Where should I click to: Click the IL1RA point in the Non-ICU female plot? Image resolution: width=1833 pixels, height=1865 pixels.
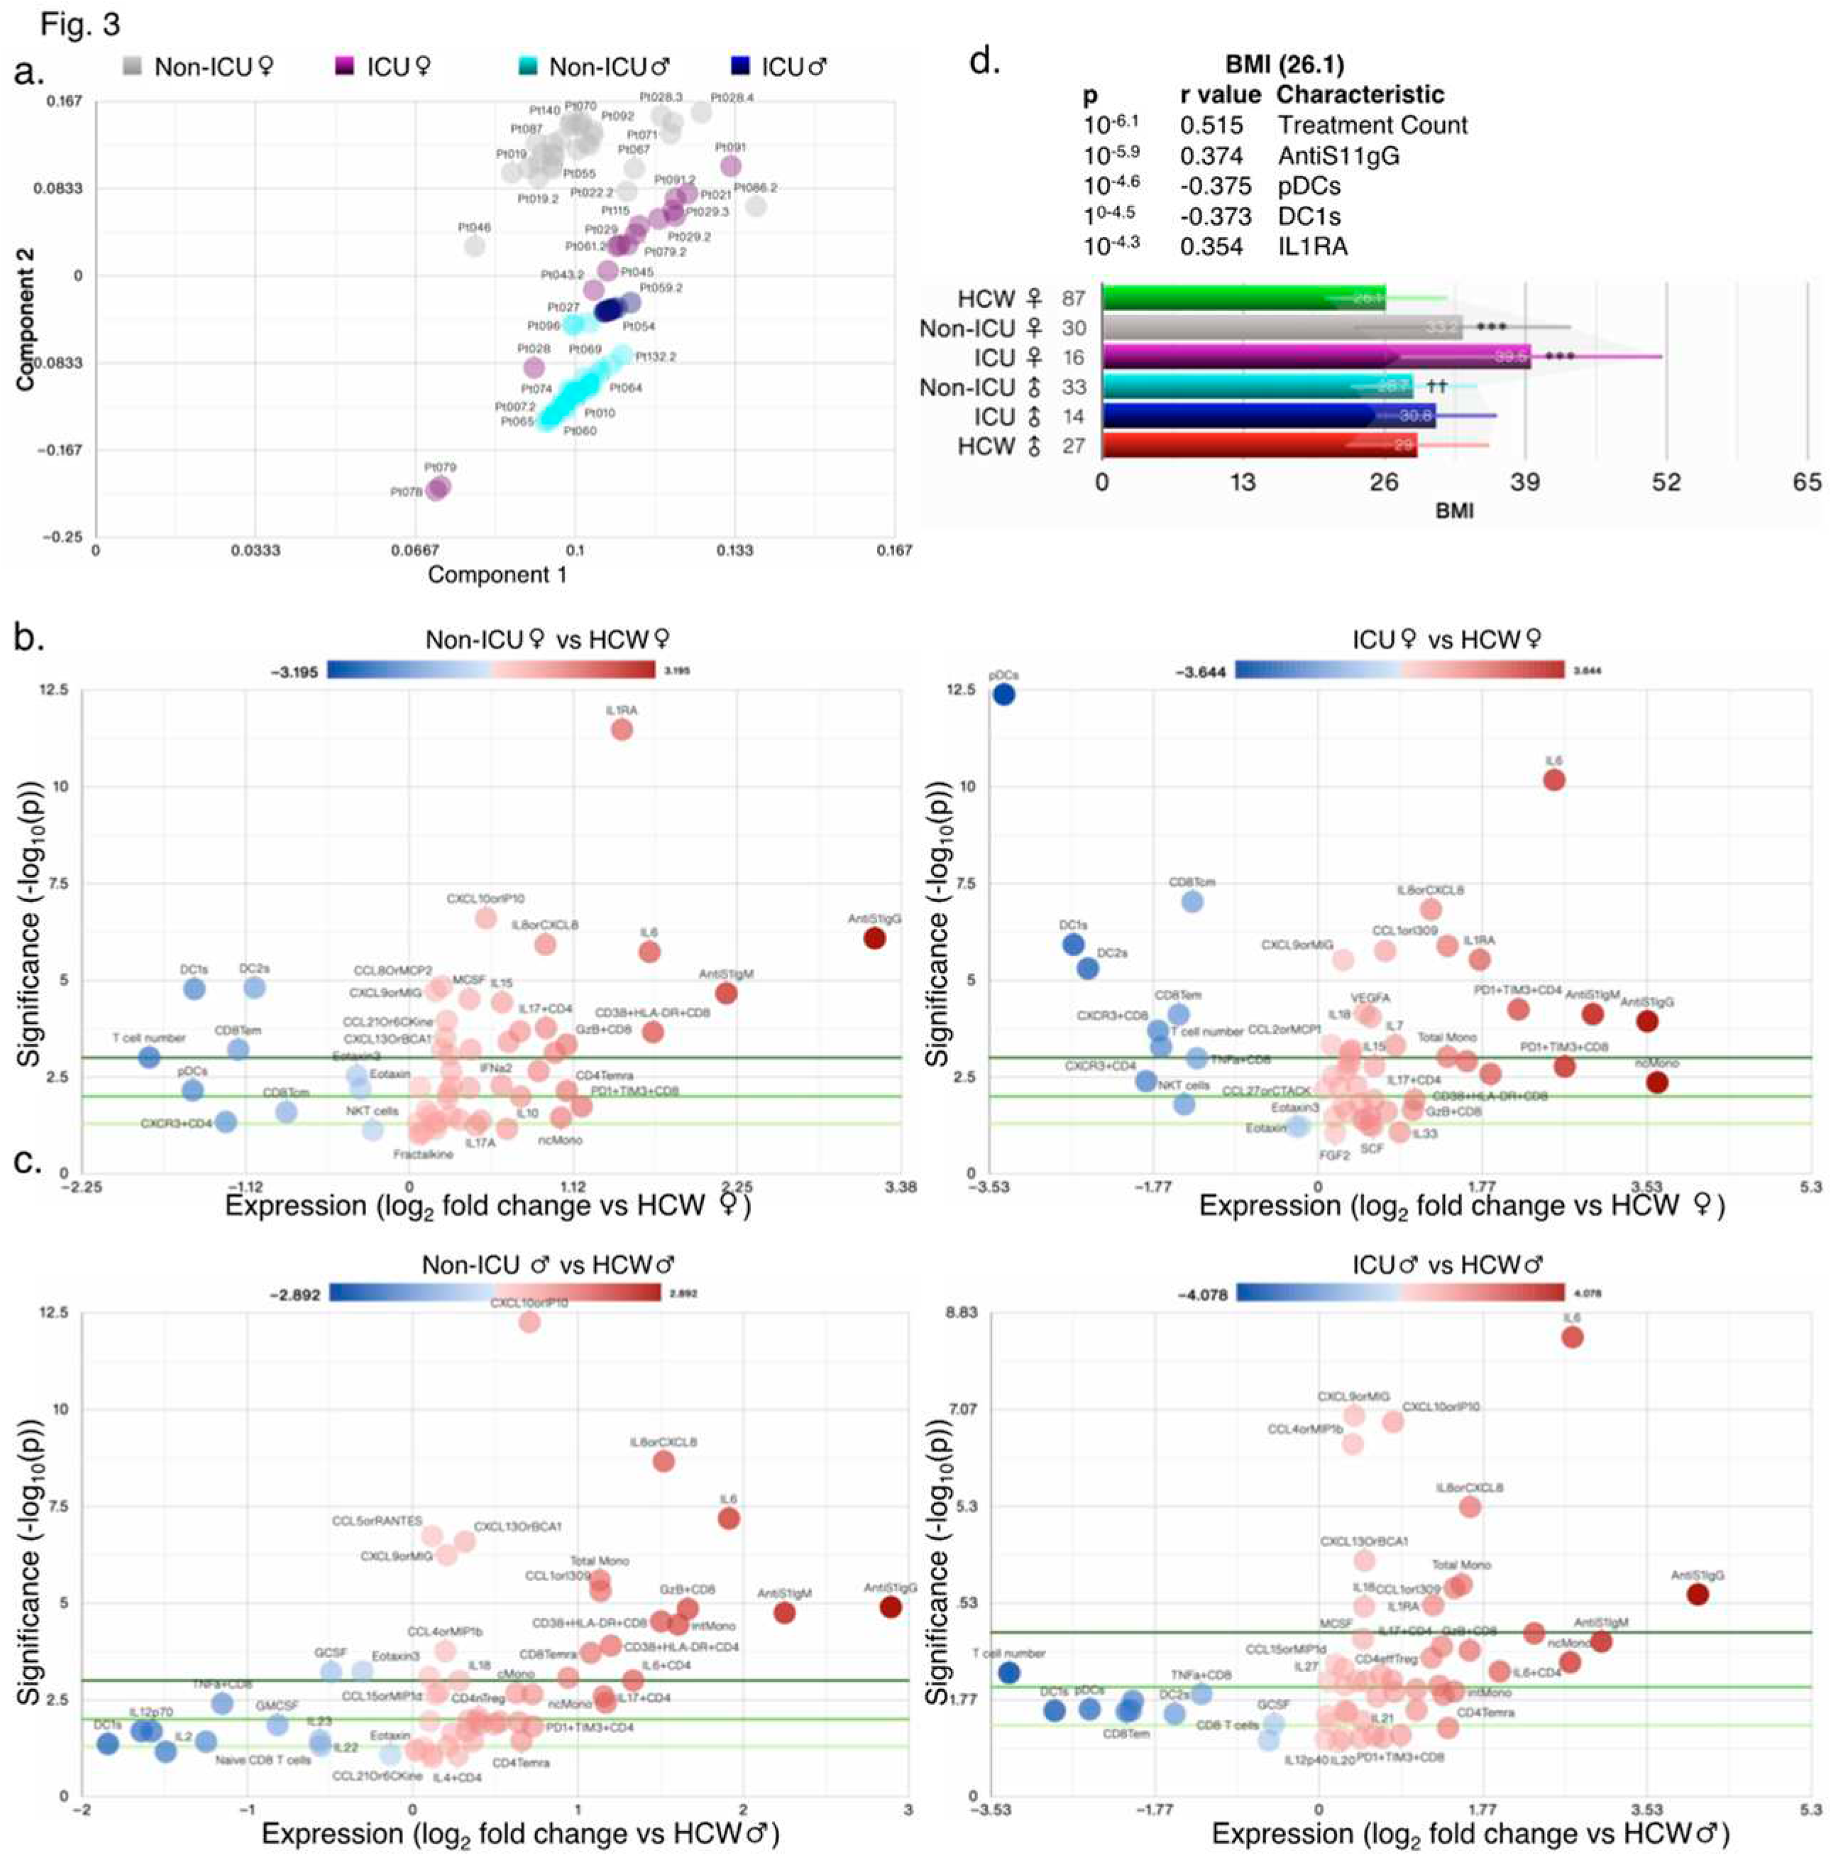pos(622,729)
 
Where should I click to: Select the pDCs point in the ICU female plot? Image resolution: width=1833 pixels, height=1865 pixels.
pos(1003,694)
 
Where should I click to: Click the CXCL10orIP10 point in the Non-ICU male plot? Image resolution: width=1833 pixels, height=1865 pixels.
pos(529,1322)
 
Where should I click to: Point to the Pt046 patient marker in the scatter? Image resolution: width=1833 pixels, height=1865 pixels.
pos(475,246)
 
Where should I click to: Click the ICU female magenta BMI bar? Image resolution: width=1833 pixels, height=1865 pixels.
pos(1315,357)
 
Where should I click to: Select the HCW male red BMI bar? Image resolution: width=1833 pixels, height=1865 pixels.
pos(1259,446)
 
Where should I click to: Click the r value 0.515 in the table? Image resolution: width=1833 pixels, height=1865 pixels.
pos(1211,125)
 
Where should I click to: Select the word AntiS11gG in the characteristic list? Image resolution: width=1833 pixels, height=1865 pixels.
pos(1338,156)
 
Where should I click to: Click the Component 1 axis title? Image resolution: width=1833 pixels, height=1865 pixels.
pos(497,575)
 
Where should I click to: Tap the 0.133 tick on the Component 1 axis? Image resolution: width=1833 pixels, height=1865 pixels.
pos(734,551)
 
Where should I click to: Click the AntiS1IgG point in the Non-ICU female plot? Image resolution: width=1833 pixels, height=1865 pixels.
pos(874,937)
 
